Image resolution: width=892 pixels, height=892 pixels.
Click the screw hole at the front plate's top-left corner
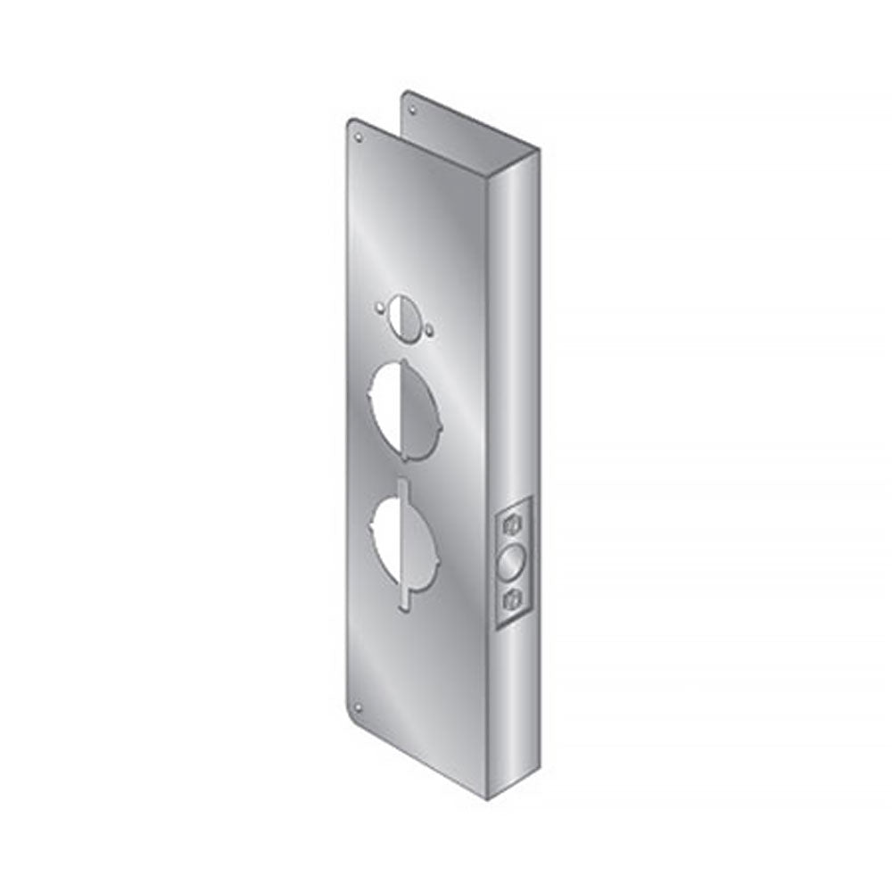point(359,138)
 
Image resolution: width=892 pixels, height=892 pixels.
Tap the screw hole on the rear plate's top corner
point(412,111)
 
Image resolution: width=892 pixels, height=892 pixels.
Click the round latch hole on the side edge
point(513,563)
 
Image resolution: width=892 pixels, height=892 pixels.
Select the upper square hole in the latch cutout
point(513,523)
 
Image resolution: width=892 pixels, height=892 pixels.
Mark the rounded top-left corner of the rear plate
point(406,94)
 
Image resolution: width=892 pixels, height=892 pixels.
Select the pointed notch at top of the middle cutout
point(407,361)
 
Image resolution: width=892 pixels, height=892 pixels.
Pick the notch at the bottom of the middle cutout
point(409,458)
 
